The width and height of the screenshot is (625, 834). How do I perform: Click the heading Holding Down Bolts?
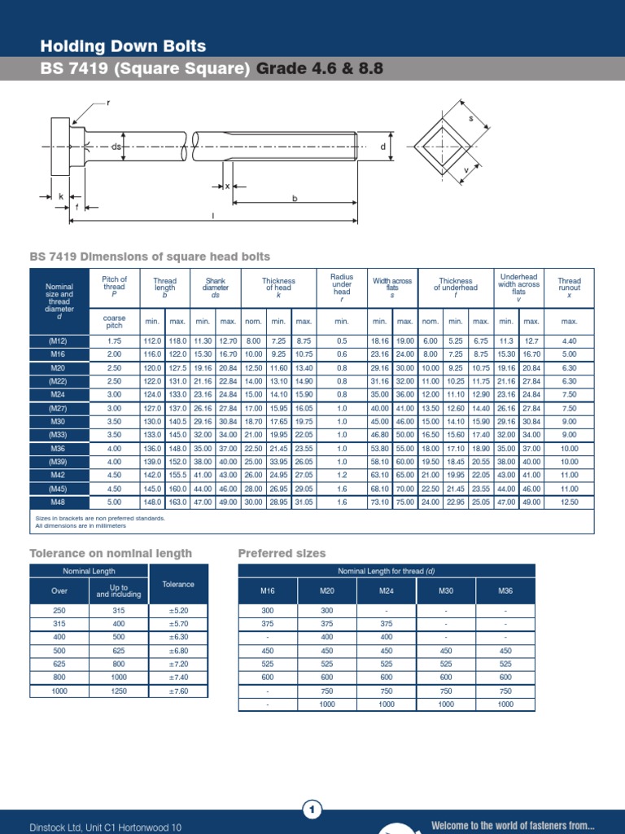tap(123, 46)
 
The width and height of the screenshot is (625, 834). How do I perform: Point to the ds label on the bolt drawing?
tap(116, 147)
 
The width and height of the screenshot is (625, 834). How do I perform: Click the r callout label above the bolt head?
tap(107, 103)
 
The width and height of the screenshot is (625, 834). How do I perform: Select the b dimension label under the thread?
tap(295, 198)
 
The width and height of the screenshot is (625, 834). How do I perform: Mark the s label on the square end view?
tap(470, 119)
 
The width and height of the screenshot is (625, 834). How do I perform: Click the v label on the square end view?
tap(465, 170)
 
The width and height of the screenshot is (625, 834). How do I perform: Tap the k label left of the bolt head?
tap(60, 196)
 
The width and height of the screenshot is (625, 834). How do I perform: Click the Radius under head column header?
tap(342, 285)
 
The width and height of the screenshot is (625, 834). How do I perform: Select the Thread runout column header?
tap(569, 285)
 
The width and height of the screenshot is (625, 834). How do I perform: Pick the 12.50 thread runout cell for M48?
tap(569, 503)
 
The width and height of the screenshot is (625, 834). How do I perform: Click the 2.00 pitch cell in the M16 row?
tap(114, 354)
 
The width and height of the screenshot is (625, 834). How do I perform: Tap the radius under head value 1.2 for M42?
tap(342, 475)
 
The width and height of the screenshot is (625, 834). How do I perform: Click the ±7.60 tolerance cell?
tap(178, 691)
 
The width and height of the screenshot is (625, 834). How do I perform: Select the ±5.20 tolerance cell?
tap(178, 609)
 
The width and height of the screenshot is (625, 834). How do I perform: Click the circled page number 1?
tap(312, 809)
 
